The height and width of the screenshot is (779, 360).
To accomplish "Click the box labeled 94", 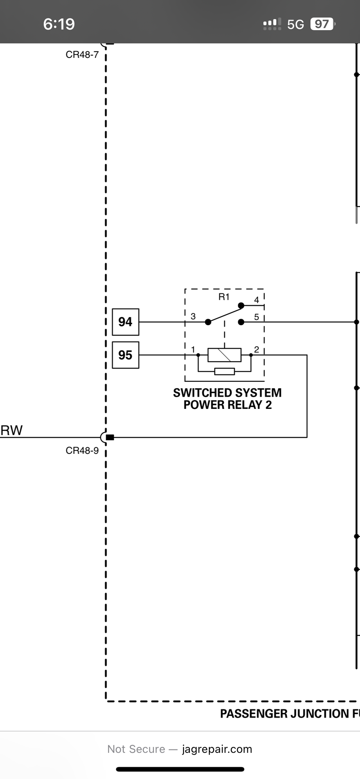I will [x=125, y=322].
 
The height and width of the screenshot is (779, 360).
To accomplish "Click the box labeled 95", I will [x=125, y=355].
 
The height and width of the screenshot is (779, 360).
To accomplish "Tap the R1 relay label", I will [x=224, y=297].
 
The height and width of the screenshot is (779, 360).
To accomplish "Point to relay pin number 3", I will [x=193, y=316].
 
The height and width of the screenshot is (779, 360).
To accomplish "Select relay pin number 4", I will [x=257, y=300].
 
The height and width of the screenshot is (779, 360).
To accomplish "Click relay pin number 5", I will [x=257, y=317].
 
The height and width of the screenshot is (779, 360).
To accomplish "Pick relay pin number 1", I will [x=193, y=349].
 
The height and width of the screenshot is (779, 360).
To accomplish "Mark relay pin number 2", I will [x=257, y=349].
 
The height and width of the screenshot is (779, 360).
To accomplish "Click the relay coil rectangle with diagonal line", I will [x=224, y=355].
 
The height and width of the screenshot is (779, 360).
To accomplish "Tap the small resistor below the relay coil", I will [x=225, y=371].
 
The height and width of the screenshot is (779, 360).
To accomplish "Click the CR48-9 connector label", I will [x=82, y=451].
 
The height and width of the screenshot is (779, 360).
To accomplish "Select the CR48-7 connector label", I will [x=82, y=55].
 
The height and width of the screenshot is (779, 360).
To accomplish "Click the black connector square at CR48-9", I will [x=110, y=437].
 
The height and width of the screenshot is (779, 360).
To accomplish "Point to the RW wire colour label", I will [x=12, y=430].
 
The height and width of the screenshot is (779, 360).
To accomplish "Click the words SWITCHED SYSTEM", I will [x=227, y=393].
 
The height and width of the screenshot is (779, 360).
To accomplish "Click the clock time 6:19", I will [x=59, y=24].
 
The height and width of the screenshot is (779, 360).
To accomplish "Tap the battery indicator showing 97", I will [x=322, y=24].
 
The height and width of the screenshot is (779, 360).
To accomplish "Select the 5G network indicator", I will [x=295, y=25].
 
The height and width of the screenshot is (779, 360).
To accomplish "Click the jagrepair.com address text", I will [x=217, y=749].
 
